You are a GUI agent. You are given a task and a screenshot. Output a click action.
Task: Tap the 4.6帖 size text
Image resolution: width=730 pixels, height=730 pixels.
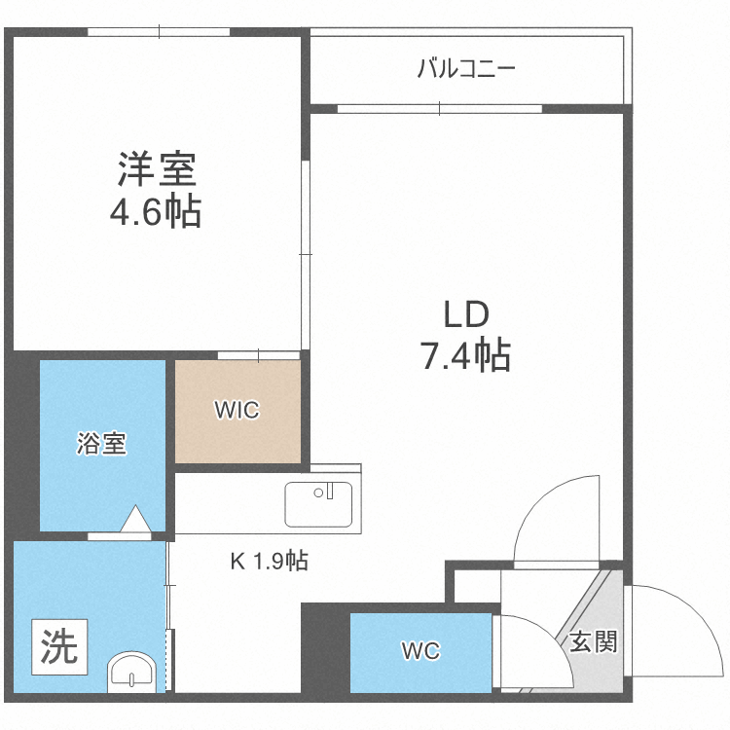coord(156,211)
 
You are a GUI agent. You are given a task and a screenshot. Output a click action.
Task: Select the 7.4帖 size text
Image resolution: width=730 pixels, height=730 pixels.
coord(465,357)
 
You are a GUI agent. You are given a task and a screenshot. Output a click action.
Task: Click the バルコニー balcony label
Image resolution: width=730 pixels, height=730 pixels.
coord(465,69)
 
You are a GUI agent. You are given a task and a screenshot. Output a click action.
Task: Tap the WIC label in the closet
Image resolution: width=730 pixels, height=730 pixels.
coord(237,410)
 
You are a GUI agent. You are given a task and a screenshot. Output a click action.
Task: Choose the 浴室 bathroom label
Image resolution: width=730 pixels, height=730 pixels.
coord(101,445)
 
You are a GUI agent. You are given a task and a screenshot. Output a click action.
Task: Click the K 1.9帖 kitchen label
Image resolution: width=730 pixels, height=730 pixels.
coord(270,562)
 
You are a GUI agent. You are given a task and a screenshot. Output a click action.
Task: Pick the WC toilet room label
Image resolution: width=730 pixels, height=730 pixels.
coord(420,650)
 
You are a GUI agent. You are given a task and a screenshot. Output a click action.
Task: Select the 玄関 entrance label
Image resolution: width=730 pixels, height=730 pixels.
coord(593,641)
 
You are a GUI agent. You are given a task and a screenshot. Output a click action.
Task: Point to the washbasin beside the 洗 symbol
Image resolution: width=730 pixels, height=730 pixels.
coord(130,672)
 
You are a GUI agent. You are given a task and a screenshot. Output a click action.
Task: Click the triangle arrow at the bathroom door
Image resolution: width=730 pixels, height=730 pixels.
coord(137,520)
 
